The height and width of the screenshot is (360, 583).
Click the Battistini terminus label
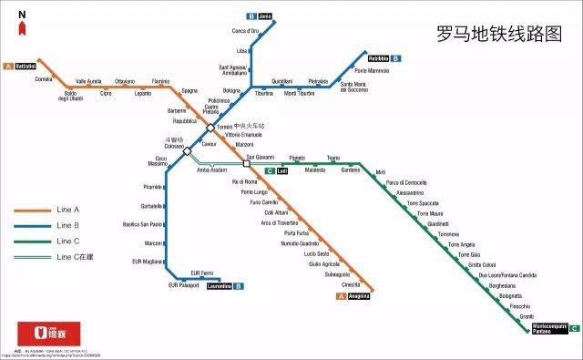click(x=25, y=67)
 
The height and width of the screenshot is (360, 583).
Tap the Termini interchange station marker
click(x=210, y=128)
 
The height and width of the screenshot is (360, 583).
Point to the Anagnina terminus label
click(x=362, y=295)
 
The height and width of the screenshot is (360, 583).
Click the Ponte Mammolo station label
click(x=372, y=70)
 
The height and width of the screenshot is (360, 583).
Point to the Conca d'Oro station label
click(x=246, y=32)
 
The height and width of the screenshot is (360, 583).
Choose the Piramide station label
click(x=152, y=187)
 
